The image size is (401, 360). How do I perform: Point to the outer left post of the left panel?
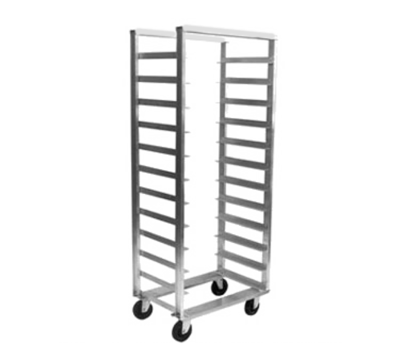click(132, 160)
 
